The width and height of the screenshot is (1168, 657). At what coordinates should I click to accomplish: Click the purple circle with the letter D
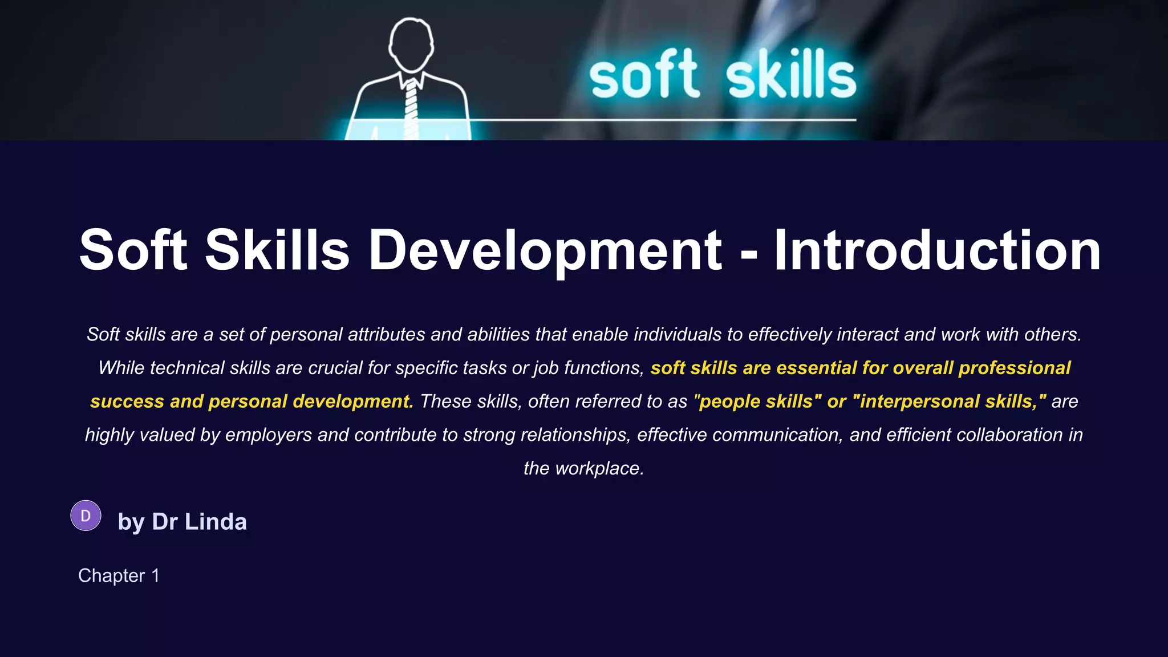[86, 516]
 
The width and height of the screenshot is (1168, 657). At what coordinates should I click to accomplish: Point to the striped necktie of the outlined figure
[411, 108]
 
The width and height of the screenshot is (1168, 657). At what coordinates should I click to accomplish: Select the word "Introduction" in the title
[937, 250]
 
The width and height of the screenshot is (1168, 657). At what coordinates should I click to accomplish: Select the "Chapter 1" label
[119, 575]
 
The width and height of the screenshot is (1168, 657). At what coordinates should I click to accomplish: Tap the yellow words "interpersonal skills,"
[950, 401]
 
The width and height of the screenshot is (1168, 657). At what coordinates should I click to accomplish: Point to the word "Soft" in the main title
[133, 250]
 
